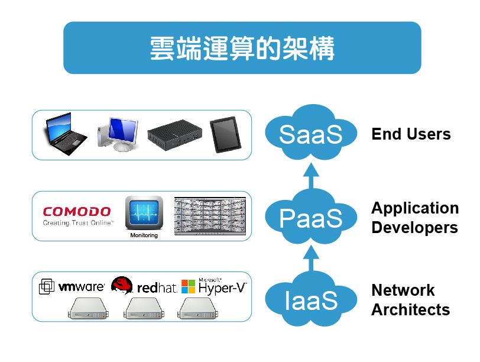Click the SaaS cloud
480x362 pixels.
click(311, 134)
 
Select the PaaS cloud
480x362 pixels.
click(311, 217)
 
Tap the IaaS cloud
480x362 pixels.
click(311, 300)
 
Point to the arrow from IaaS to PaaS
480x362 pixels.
click(312, 258)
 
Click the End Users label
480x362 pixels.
click(411, 134)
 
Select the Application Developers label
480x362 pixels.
click(414, 218)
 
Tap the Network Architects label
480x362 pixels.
click(410, 300)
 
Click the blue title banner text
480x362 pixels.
click(242, 49)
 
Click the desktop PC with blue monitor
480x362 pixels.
click(118, 133)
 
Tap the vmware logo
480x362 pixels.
click(72, 287)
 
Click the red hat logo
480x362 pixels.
click(144, 287)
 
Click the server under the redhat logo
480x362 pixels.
click(143, 308)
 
